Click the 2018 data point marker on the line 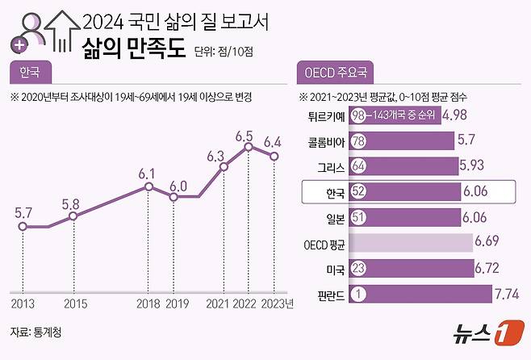(149, 186)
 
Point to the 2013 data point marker (23, 227)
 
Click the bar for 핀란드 (420, 294)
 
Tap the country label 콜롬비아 (325, 141)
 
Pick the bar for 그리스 (403, 166)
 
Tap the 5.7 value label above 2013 (23, 212)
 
